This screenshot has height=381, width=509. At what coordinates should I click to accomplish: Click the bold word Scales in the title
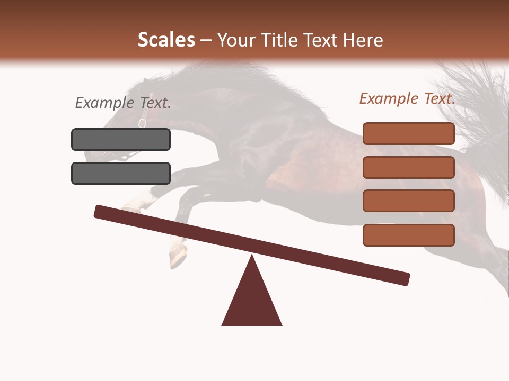[x=166, y=40]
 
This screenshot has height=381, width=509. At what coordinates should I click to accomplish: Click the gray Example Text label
[x=123, y=103]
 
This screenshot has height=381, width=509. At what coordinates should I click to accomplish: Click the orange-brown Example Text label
[x=407, y=98]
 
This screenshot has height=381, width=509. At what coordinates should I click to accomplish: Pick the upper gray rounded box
[x=121, y=139]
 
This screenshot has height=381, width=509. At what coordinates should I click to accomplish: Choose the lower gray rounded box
[x=121, y=173]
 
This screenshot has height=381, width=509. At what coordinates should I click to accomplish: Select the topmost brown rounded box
[x=408, y=133]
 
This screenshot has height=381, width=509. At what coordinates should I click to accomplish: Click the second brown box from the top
[x=408, y=167]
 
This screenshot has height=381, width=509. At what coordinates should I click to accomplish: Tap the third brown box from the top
[x=408, y=201]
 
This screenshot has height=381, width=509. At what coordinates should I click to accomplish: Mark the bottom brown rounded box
[x=408, y=235]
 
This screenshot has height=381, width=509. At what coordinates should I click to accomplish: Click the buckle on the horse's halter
[x=142, y=123]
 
